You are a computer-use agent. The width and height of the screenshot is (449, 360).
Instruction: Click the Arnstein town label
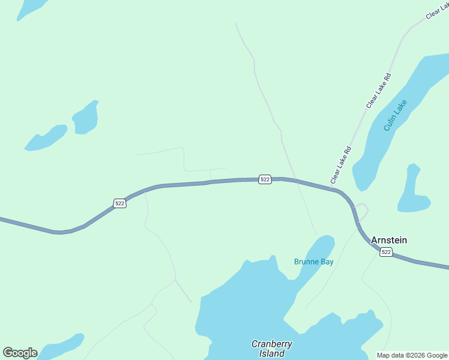point(389,240)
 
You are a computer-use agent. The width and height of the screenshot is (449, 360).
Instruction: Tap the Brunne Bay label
point(313,262)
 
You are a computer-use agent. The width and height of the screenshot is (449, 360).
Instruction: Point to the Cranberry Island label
point(272,349)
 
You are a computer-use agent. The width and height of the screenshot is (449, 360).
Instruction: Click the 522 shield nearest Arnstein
point(386,252)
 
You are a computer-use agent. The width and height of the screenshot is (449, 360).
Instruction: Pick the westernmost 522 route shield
point(120,203)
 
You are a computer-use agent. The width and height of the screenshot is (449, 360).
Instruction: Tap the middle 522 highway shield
point(265,179)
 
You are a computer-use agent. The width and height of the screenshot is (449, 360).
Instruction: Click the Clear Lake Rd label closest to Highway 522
point(340,166)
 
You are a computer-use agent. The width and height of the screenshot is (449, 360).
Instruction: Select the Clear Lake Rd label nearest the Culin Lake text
point(379,91)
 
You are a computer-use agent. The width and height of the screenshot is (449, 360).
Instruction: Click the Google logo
point(20,353)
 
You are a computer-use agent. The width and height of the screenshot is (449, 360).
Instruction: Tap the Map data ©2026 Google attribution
point(412,355)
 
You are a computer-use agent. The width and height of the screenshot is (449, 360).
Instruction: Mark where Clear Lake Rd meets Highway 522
point(331,190)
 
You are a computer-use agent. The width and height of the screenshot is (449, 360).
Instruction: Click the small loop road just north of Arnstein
point(361,212)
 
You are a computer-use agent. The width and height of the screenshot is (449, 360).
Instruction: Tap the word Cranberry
point(272,344)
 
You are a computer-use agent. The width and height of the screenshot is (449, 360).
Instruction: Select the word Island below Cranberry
point(272,353)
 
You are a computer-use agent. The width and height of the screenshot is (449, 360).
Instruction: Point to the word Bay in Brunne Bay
point(326,262)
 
